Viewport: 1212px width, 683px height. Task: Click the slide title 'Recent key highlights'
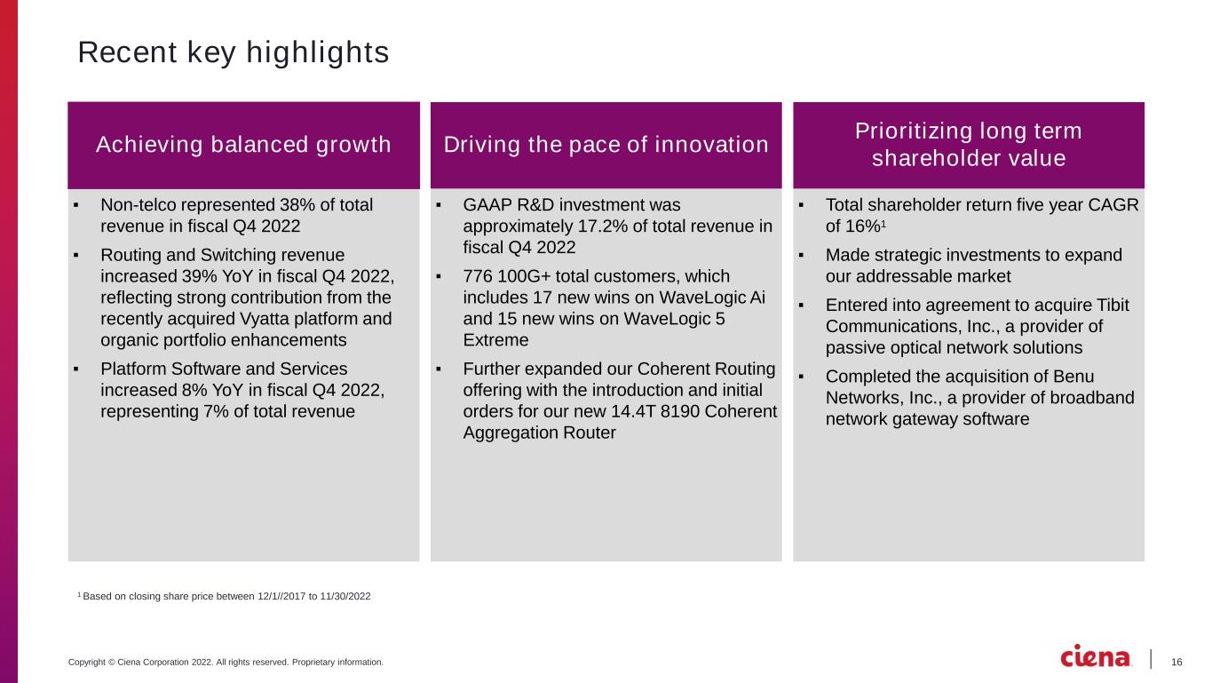[x=234, y=52]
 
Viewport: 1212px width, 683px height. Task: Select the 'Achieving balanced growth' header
[x=243, y=145]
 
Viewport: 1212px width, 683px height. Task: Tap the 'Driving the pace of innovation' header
[x=606, y=145]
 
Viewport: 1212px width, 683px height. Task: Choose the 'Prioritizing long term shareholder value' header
[x=969, y=145]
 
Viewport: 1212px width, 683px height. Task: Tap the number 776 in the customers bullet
[x=477, y=276]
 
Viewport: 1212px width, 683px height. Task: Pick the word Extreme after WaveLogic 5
[x=495, y=340]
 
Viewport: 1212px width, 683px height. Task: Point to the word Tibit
[x=1113, y=306]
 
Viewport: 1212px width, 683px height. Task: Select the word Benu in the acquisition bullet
[x=1073, y=376]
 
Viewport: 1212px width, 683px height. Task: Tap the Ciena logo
[x=1095, y=656]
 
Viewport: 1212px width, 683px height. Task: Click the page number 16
[x=1176, y=662]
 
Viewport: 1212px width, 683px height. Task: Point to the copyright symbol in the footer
[x=112, y=662]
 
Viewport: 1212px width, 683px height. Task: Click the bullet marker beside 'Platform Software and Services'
[x=76, y=369]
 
